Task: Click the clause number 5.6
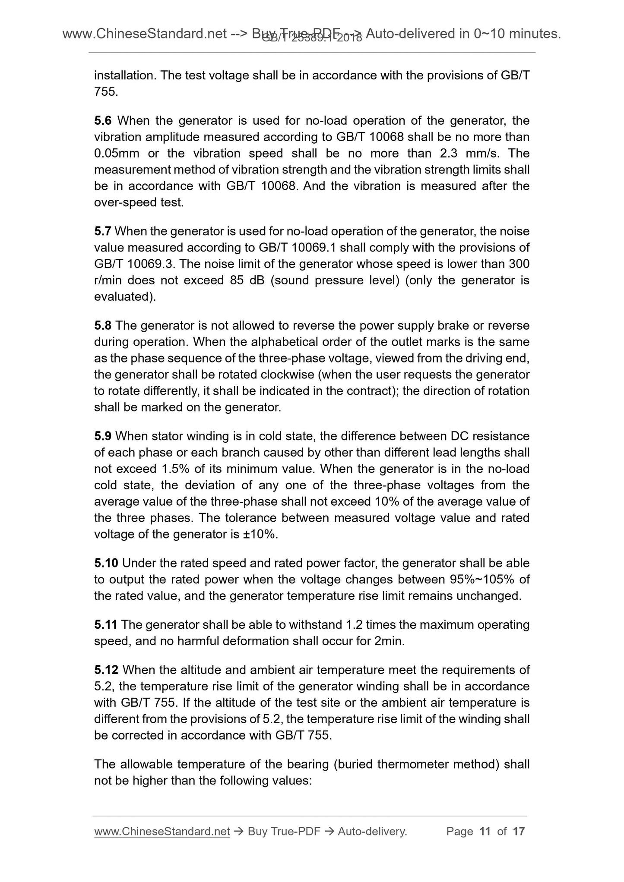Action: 103,120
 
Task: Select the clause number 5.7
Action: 103,231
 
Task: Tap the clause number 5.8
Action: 103,325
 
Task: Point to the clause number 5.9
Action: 103,436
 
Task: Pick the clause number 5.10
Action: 106,563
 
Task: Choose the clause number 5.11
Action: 106,625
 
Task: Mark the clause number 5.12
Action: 106,670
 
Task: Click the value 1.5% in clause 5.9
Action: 176,469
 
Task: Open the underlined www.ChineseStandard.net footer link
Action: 162,832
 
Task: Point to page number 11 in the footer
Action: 485,832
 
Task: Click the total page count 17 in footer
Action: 519,832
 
